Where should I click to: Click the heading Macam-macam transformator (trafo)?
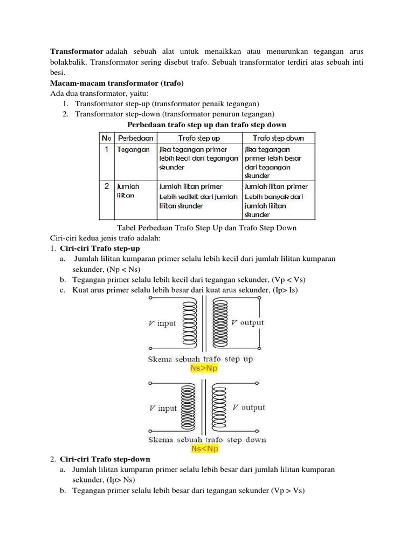[117, 83]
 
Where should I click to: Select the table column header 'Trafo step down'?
[278, 138]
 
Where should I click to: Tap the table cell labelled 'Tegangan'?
[133, 150]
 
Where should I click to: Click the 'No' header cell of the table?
[107, 138]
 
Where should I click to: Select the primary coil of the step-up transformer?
[191, 324]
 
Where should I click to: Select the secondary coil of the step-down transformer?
[219, 408]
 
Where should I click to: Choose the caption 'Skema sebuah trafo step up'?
[200, 359]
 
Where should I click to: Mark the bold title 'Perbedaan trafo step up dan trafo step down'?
[206, 125]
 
